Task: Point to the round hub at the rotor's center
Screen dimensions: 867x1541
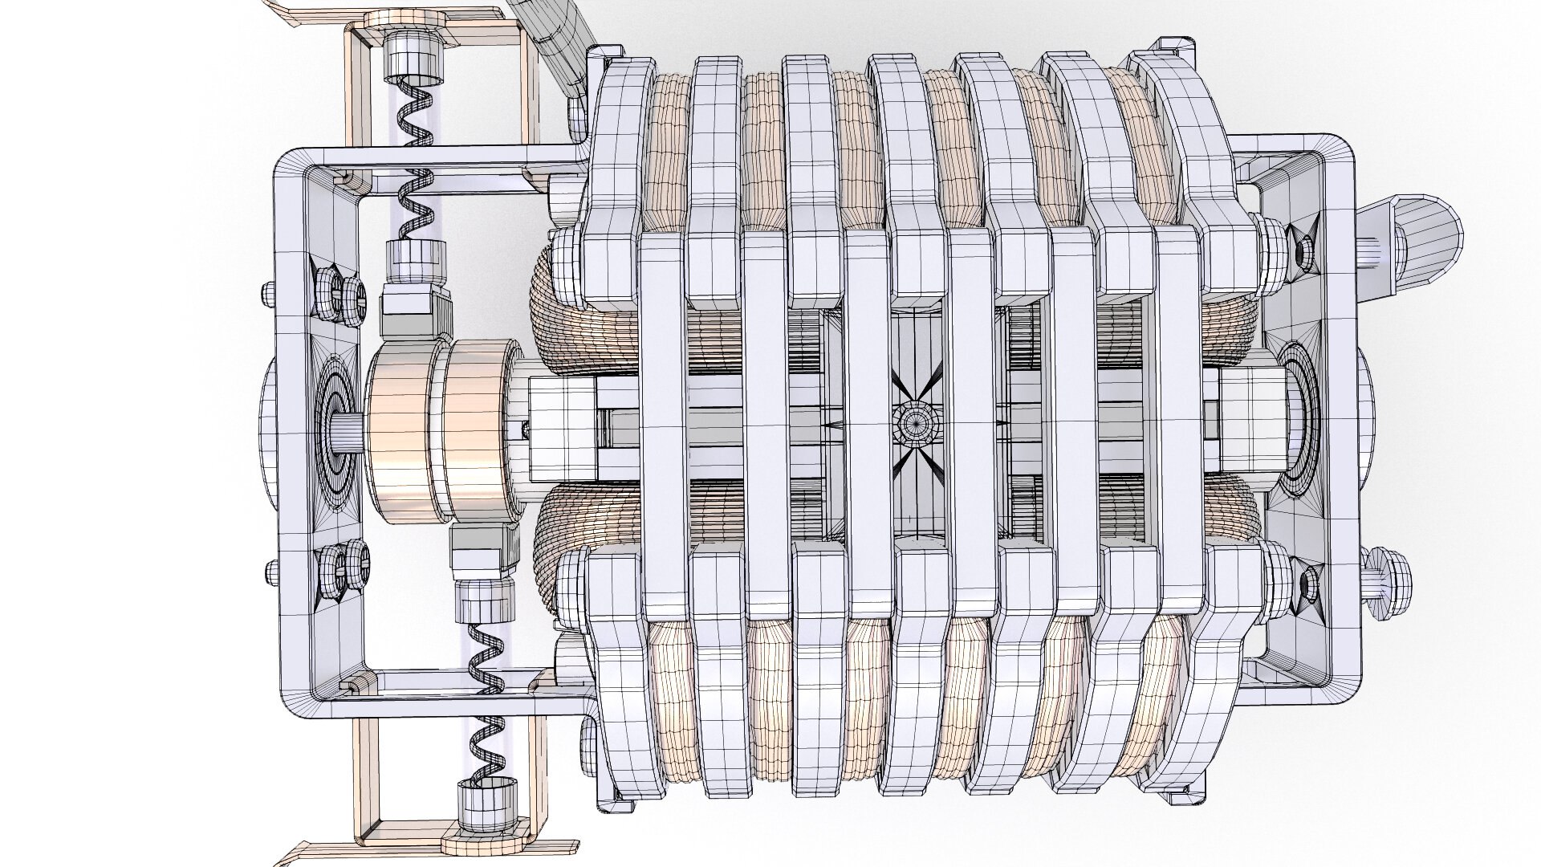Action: [913, 419]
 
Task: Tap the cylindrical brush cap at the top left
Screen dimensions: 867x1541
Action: [414, 60]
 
